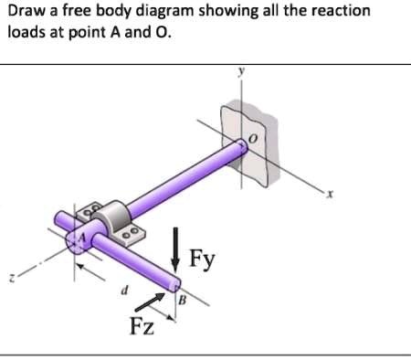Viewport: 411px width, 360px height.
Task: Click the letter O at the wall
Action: point(257,138)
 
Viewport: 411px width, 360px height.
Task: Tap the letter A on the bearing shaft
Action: point(79,238)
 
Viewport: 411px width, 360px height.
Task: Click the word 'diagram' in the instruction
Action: point(154,11)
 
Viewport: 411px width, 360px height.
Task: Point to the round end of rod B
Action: point(172,286)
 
